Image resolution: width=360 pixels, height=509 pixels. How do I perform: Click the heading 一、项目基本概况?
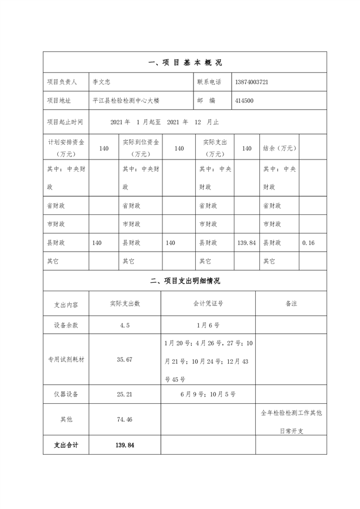(185, 63)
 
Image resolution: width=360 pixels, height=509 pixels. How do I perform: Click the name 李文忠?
(102, 82)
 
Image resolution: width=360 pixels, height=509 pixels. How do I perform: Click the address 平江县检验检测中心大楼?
(126, 100)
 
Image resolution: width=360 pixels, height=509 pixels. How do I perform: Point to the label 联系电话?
(209, 82)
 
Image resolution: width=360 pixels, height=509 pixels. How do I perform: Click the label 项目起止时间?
(65, 122)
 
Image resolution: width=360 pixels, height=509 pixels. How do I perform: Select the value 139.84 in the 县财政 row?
(246, 243)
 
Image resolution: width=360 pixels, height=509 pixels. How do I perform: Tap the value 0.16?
(308, 243)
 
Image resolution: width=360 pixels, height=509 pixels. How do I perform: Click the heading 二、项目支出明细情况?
(185, 281)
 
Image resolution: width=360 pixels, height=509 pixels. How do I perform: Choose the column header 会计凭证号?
(208, 303)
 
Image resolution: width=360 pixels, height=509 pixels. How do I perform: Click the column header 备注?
(291, 303)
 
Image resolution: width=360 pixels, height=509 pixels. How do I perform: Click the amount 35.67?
(125, 359)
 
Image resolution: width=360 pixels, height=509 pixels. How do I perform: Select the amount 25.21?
(125, 394)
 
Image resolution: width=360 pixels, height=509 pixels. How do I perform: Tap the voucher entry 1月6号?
(208, 325)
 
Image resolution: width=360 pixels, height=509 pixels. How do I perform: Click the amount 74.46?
(125, 419)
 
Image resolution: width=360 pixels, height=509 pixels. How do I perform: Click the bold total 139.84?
(125, 445)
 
